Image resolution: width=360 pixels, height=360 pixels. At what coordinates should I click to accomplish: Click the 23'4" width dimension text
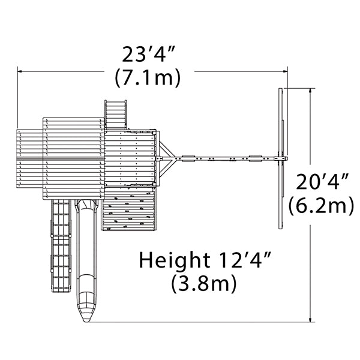149,54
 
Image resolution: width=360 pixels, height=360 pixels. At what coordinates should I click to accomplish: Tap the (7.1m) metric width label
148,77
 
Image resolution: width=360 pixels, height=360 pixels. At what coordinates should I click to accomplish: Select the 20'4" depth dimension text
322,182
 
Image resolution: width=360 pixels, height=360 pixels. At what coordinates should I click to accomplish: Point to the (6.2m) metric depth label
321,205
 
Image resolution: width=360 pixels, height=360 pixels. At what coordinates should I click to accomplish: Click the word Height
175,260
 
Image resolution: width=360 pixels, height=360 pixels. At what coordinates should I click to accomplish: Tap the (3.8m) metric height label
204,283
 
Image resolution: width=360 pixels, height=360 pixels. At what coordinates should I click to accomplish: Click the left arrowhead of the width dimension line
20,71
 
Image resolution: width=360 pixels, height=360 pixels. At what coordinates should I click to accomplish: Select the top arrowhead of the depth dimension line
310,91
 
